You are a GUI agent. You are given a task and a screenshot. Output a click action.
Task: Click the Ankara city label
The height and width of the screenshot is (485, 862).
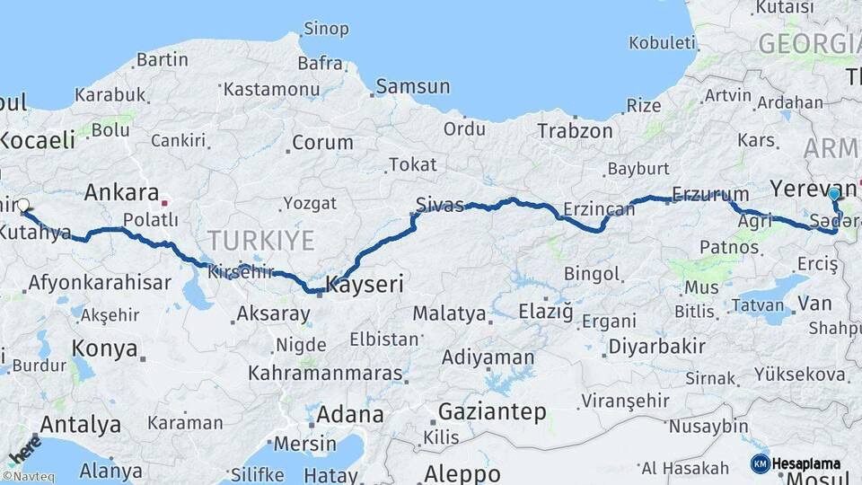[121, 192]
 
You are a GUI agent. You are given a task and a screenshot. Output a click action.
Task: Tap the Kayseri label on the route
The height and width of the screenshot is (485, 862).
[364, 286]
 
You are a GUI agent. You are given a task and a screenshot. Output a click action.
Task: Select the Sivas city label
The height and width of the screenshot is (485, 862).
[440, 204]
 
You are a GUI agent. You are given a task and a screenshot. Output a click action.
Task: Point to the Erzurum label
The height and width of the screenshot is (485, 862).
[710, 194]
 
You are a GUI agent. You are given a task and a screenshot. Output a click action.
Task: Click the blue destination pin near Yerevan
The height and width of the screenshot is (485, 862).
[834, 194]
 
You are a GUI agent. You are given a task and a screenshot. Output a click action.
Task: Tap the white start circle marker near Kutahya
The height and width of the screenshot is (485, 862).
[23, 205]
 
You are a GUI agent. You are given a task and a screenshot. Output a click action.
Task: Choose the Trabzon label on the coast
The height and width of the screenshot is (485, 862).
[575, 131]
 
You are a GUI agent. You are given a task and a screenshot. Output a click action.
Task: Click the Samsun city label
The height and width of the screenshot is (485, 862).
[412, 87]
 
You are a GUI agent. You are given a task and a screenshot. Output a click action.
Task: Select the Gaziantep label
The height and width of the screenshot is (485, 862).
[492, 412]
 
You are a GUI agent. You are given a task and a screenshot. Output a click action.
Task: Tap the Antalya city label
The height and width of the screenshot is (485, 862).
[81, 423]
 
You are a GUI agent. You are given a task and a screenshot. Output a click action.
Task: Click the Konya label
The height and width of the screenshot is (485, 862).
[106, 348]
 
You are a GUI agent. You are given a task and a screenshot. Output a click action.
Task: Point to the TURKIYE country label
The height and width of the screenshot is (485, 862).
[261, 241]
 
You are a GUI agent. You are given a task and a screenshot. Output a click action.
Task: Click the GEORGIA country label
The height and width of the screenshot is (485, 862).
[808, 43]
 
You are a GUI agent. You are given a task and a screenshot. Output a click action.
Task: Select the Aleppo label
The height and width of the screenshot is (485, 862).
[462, 473]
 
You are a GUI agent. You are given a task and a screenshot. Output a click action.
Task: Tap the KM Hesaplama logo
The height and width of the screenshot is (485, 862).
[796, 463]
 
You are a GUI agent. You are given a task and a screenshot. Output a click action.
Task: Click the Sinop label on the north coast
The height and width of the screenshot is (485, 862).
[325, 29]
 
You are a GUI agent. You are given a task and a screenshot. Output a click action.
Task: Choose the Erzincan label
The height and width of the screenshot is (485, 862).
[598, 210]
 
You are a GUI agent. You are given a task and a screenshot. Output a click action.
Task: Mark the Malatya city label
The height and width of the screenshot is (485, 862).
[449, 314]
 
